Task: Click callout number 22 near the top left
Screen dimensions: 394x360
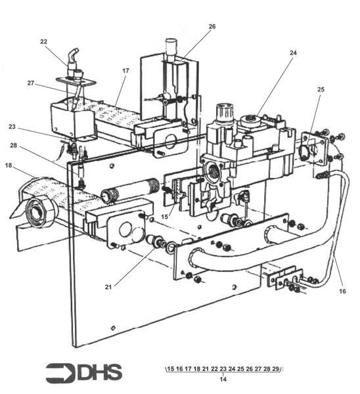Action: (44, 41)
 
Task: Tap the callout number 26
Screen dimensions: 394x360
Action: (212, 27)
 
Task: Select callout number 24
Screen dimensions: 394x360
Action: (293, 52)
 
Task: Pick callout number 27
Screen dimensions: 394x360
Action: (31, 83)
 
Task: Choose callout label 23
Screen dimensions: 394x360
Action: (31, 127)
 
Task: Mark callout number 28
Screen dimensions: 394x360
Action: (31, 145)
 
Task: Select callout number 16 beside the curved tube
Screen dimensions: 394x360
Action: (342, 291)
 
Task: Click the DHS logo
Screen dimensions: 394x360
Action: (83, 372)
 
